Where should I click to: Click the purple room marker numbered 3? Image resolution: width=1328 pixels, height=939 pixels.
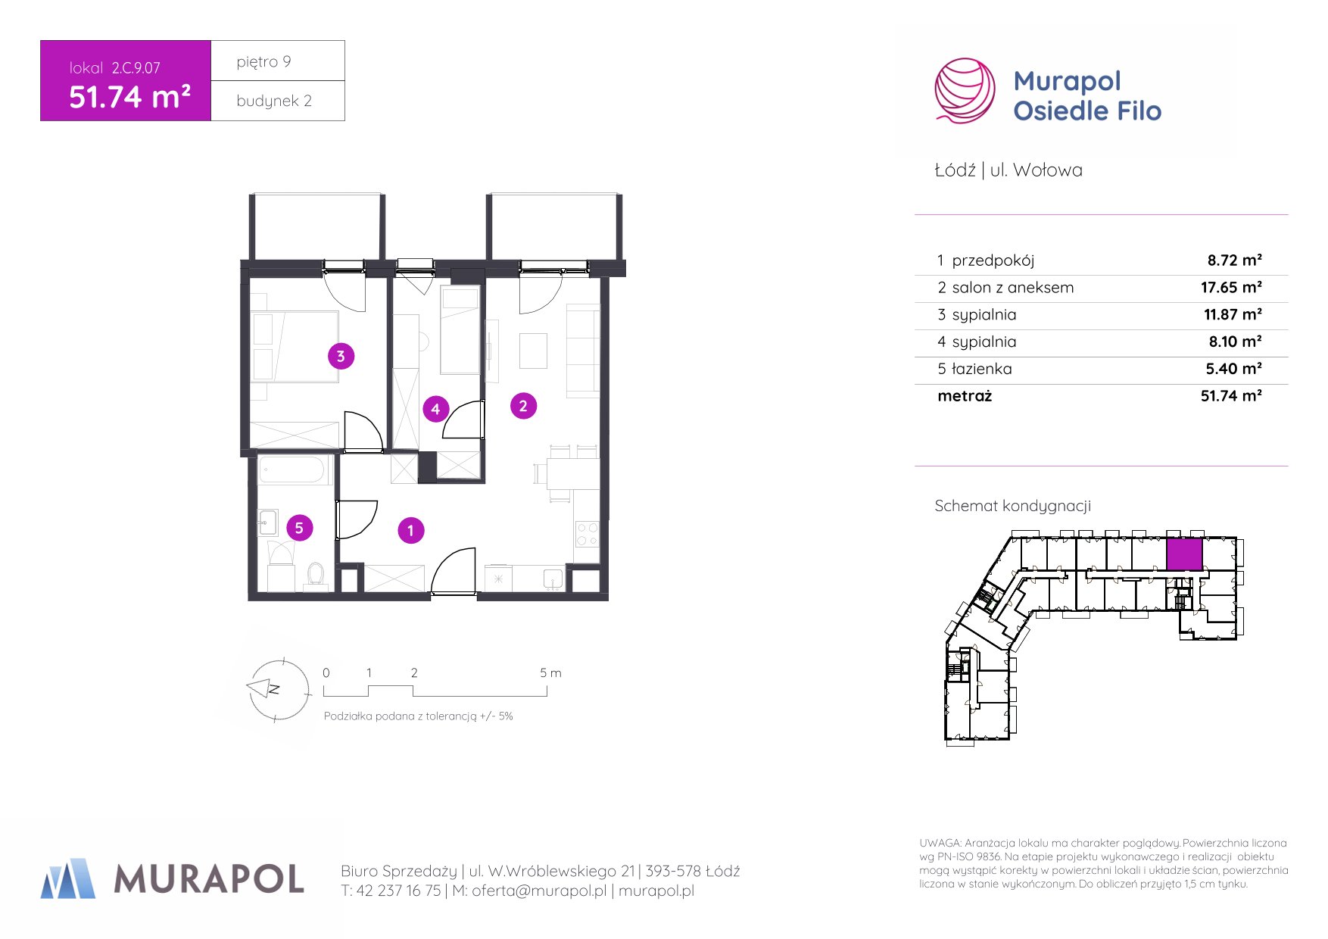[x=341, y=356]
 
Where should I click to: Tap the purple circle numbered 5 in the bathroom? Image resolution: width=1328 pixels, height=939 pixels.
[x=299, y=528]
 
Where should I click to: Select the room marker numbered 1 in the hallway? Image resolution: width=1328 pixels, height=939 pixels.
[x=411, y=531]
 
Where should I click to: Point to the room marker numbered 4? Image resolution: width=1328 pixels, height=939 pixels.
[x=435, y=410]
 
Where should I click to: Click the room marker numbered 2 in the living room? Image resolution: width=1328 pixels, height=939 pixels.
[x=523, y=406]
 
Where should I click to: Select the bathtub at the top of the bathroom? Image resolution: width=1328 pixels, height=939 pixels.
[x=295, y=469]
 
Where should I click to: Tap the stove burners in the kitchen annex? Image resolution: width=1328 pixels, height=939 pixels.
[x=588, y=533]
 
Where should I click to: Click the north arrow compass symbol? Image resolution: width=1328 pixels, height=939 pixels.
[x=277, y=689]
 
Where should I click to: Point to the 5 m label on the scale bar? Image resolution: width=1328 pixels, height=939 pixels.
[x=550, y=672]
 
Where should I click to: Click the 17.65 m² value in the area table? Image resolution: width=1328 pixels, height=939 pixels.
[x=1231, y=287]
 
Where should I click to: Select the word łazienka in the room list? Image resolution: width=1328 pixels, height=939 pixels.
[x=981, y=369]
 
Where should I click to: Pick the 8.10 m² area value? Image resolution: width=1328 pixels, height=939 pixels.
[x=1235, y=342]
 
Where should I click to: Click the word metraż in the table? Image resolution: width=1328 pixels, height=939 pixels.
[x=965, y=396]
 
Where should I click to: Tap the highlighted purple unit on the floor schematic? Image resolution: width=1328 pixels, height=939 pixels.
[x=1184, y=554]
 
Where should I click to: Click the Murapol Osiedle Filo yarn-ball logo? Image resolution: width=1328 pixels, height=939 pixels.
[x=965, y=91]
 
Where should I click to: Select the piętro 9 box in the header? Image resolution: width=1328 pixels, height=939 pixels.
[x=278, y=61]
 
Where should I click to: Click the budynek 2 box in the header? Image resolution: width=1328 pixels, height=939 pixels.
[x=278, y=101]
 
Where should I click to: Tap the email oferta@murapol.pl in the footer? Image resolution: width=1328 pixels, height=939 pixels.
[x=539, y=891]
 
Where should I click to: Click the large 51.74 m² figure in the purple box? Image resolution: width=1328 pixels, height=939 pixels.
[x=129, y=97]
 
